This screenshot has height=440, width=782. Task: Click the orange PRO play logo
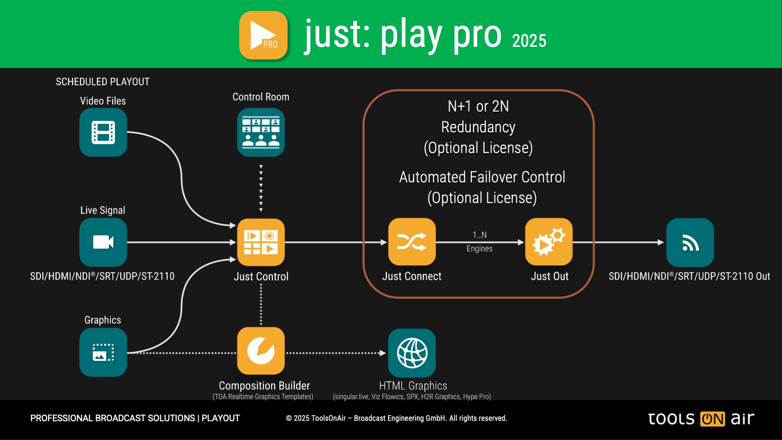tap(263, 35)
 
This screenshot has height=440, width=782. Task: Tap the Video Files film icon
tap(103, 132)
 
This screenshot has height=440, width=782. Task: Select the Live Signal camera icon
tap(103, 242)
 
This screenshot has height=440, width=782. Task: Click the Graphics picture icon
tap(103, 352)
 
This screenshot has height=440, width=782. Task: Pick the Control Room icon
tap(261, 132)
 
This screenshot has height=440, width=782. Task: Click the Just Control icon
tap(261, 242)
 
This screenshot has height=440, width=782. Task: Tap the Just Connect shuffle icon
tap(412, 242)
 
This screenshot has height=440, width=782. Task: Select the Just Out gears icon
tap(549, 242)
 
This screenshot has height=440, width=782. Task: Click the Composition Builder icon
tap(261, 351)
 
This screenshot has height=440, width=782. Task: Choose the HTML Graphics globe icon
tap(412, 353)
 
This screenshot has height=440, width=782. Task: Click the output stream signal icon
tap(690, 242)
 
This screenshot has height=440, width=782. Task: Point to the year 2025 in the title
tap(529, 41)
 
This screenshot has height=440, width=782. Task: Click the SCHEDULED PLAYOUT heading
tap(103, 82)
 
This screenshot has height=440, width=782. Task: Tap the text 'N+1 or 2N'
tap(478, 106)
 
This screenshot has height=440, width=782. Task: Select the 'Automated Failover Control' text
tap(482, 177)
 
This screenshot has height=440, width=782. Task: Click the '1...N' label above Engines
tap(479, 235)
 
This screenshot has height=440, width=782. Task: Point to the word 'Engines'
tap(479, 249)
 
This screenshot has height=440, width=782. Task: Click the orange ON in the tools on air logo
tap(712, 419)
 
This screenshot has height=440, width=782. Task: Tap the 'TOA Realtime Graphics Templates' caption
tap(263, 397)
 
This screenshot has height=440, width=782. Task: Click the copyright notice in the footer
tap(396, 418)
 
